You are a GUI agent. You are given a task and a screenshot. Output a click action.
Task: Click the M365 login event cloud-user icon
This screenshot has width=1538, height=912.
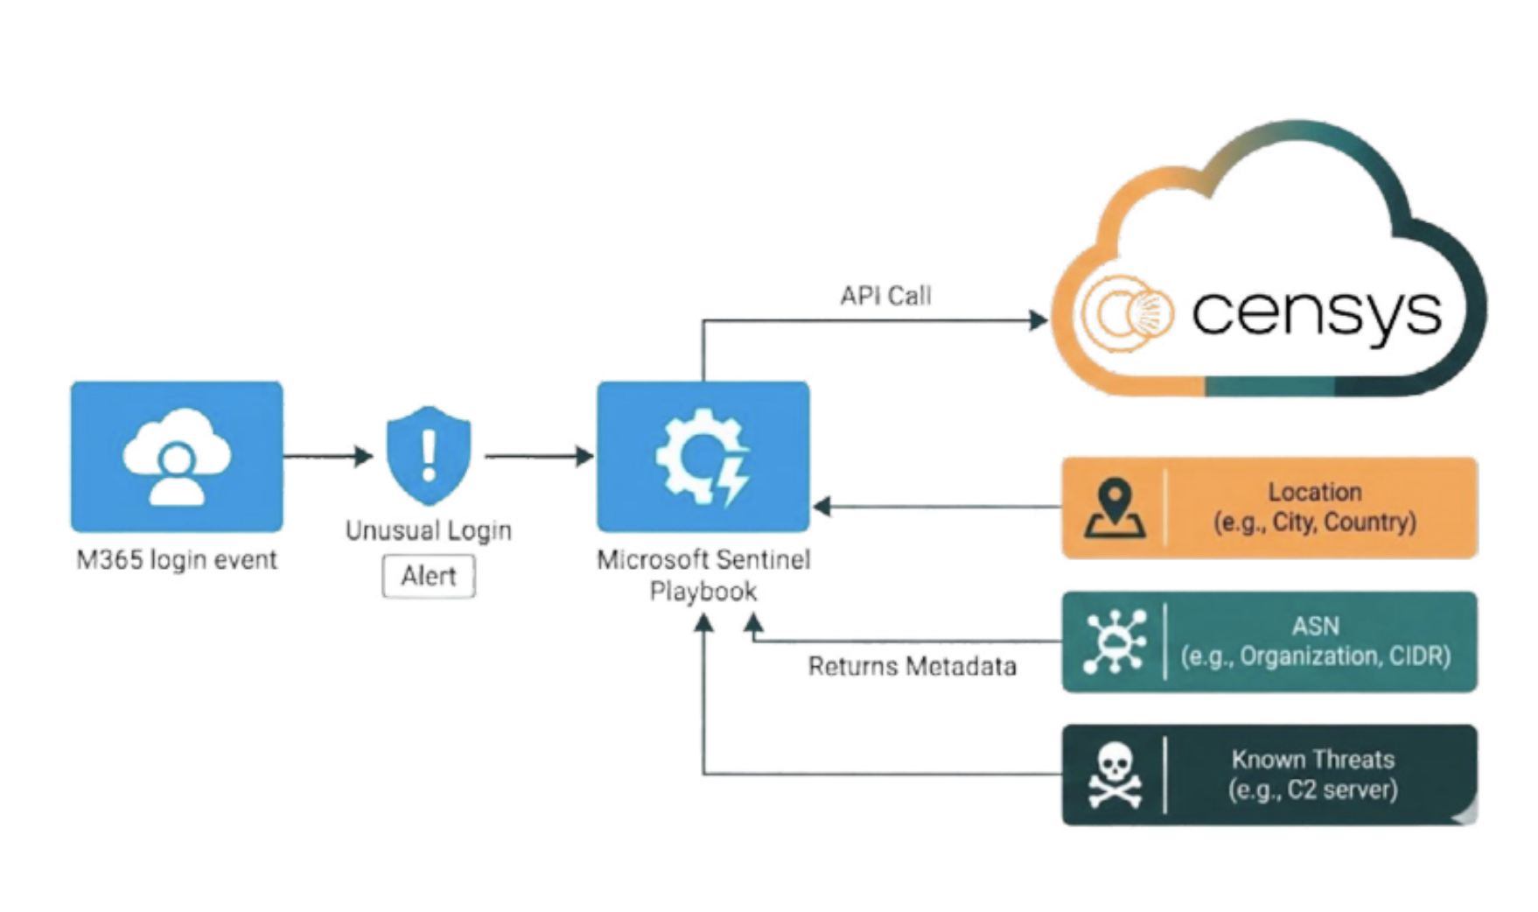click(177, 456)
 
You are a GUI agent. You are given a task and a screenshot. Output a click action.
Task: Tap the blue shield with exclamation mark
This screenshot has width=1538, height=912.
click(429, 455)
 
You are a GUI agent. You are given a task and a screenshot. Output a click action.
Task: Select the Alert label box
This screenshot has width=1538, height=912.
click(429, 576)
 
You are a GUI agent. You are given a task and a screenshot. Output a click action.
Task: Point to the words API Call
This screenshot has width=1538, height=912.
click(885, 296)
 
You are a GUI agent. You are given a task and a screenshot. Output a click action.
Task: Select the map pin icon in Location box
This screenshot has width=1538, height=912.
click(1114, 508)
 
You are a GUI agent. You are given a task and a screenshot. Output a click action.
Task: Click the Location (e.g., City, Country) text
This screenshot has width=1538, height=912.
click(1314, 508)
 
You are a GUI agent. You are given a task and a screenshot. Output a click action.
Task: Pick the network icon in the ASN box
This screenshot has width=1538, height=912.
click(1114, 642)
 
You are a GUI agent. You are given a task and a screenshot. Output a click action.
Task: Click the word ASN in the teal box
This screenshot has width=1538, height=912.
click(1315, 626)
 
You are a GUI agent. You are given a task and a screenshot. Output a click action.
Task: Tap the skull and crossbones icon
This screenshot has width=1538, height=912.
click(1114, 775)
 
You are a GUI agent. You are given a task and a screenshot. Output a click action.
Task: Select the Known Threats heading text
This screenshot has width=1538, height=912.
click(1312, 759)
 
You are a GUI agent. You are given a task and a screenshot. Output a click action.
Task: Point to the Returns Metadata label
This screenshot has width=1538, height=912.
click(912, 667)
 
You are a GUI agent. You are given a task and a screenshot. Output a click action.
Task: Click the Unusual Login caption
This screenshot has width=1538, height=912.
click(429, 531)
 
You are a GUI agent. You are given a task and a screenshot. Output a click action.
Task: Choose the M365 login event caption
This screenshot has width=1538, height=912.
click(177, 560)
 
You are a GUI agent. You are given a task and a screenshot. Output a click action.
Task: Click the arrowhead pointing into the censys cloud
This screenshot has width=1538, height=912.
click(1038, 320)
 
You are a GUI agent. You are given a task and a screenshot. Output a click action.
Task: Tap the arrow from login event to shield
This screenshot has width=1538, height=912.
click(328, 456)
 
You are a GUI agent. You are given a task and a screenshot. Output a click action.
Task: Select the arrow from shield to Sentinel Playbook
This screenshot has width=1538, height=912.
click(539, 456)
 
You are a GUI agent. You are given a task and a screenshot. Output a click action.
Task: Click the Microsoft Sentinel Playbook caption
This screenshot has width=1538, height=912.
click(703, 575)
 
